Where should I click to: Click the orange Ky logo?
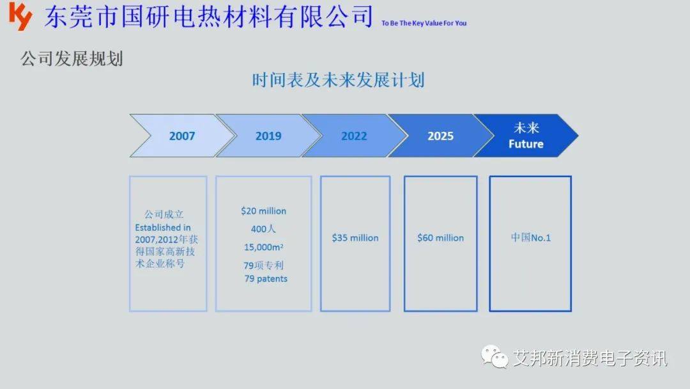click(20, 16)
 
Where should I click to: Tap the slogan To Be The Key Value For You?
click(424, 23)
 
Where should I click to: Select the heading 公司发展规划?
click(72, 59)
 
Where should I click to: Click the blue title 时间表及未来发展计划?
click(338, 80)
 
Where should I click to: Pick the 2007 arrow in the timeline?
click(181, 136)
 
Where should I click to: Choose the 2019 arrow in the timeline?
click(268, 136)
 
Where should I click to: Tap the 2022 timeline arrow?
click(354, 136)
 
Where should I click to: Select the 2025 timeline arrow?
click(440, 136)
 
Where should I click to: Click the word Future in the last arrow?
click(526, 144)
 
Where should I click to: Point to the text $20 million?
click(264, 211)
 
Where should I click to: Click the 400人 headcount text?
click(263, 229)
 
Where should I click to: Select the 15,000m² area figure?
click(264, 247)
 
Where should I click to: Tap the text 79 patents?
click(266, 278)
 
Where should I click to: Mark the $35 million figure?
click(355, 238)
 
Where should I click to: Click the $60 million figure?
click(440, 238)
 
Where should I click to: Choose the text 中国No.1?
click(531, 238)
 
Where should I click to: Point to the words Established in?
click(163, 228)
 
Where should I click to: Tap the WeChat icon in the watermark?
click(494, 356)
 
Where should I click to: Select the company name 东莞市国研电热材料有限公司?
click(208, 17)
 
